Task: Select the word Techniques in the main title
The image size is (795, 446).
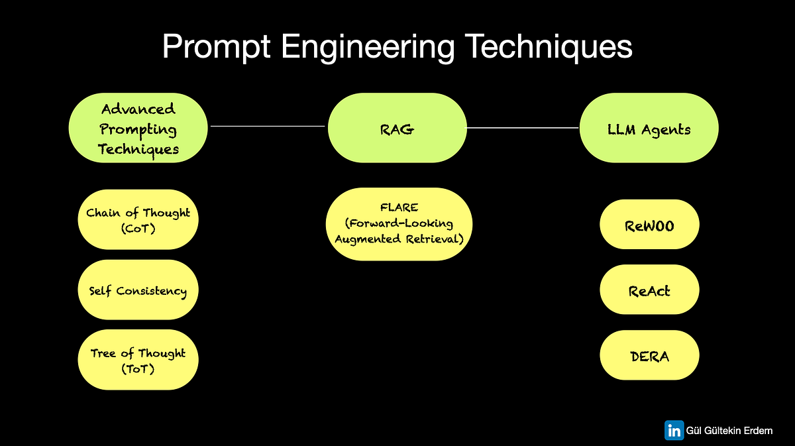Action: tap(558, 48)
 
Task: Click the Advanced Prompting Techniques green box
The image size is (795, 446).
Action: tap(138, 129)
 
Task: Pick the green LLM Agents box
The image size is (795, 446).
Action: tap(649, 129)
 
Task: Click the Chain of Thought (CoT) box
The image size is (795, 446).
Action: tap(138, 220)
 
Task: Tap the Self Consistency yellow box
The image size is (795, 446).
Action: tap(138, 290)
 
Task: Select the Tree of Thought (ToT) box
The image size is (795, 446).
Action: tap(138, 360)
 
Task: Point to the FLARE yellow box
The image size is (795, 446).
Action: tap(397, 224)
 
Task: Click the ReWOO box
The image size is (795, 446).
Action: tap(649, 225)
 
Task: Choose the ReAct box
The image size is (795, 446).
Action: tap(649, 290)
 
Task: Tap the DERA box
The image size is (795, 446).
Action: tap(649, 356)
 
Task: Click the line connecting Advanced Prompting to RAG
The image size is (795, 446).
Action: tap(267, 125)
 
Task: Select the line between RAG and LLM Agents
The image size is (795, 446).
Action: tap(523, 127)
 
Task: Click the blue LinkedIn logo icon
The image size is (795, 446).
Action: tap(674, 430)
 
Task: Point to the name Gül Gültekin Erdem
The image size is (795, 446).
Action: tap(729, 431)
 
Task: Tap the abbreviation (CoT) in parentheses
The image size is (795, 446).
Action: tap(138, 229)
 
